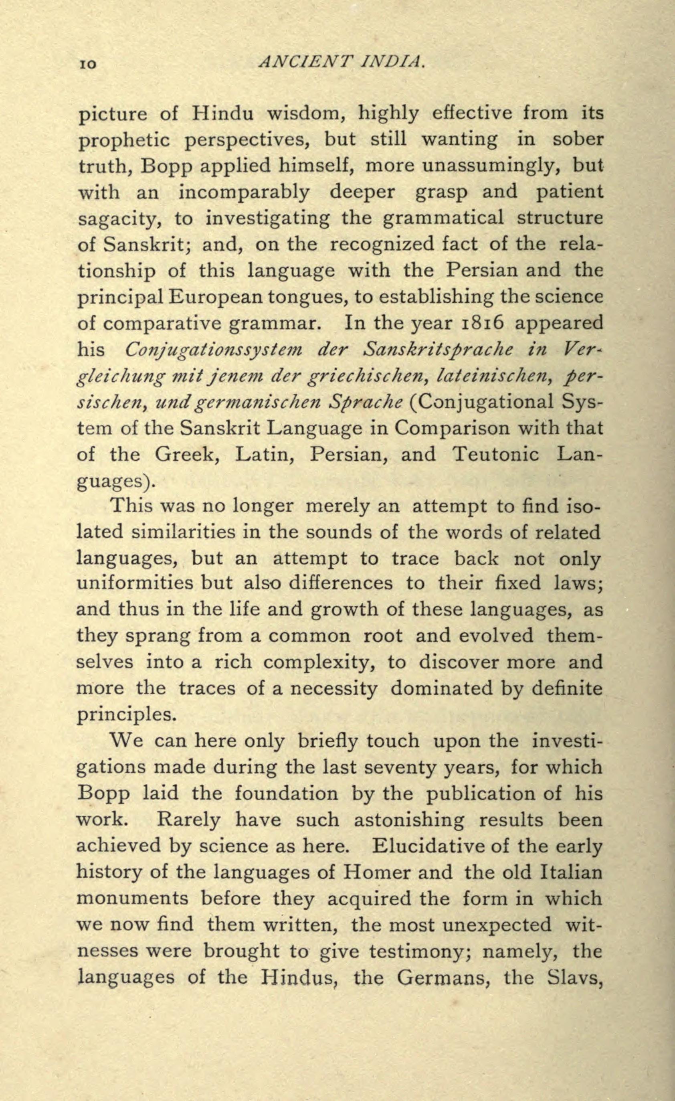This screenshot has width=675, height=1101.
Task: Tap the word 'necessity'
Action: pos(334,688)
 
